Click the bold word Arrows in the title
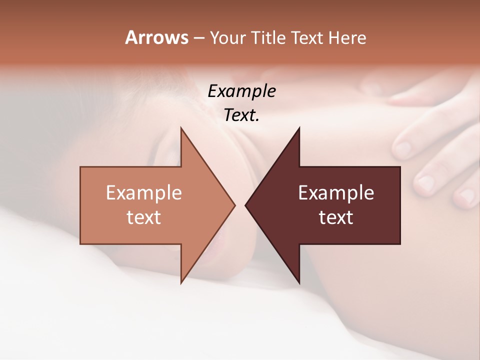tap(157, 37)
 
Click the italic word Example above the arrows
tap(241, 91)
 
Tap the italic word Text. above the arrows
tap(241, 115)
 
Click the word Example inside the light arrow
tap(143, 192)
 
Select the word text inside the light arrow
tap(143, 217)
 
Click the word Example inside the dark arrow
tap(336, 192)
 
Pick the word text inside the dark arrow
tap(336, 217)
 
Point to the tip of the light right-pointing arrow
tap(234, 205)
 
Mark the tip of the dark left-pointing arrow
tap(245, 205)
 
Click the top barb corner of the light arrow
tap(181, 128)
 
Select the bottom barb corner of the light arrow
tap(181, 283)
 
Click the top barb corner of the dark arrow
tap(299, 128)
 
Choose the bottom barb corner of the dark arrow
tap(299, 283)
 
